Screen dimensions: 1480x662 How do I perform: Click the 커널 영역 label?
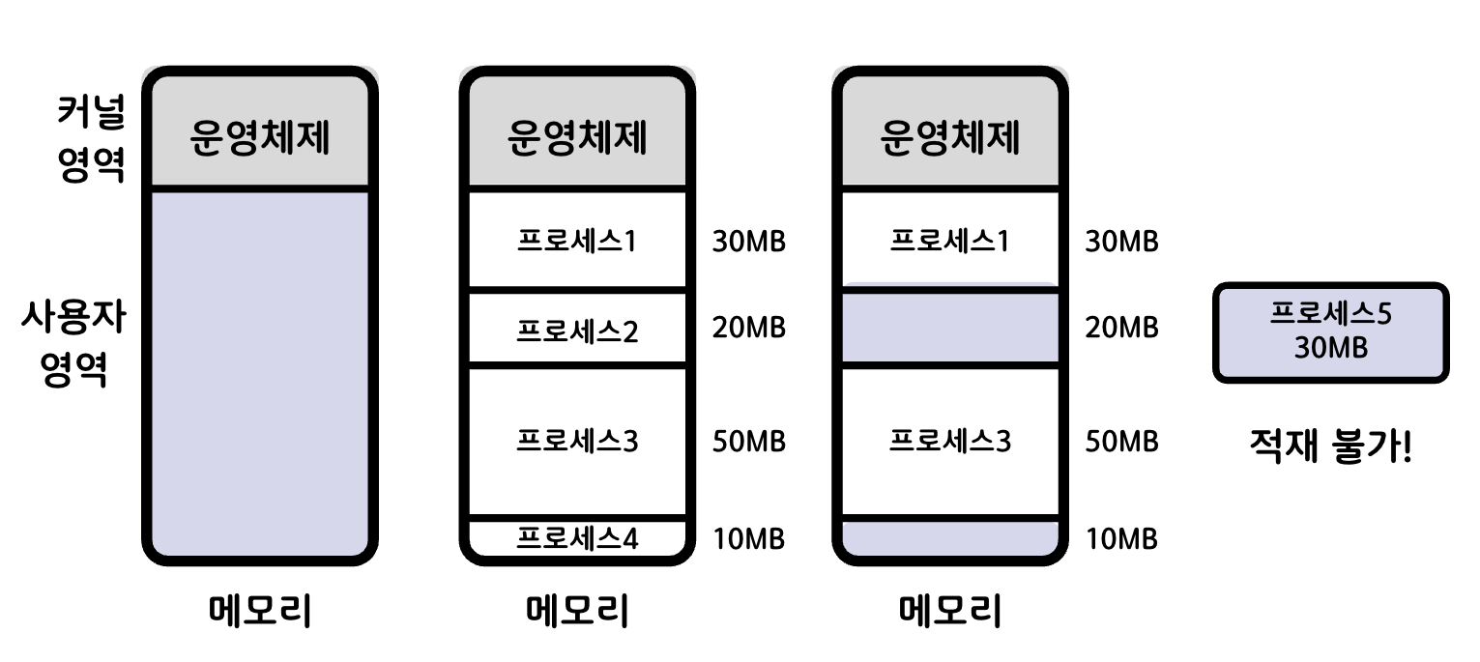[90, 141]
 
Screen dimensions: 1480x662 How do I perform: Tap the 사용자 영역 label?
[73, 344]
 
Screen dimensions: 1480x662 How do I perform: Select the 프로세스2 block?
[577, 331]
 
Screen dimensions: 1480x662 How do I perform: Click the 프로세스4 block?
[577, 537]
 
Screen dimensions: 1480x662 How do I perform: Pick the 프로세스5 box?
[1330, 331]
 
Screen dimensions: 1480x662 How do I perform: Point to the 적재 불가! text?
[1330, 447]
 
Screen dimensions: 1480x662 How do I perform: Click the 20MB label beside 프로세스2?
[748, 329]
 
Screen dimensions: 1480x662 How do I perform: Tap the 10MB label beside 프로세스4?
[748, 538]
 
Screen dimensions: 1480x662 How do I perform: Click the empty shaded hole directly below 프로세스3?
[950, 537]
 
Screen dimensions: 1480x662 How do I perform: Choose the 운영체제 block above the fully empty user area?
[260, 137]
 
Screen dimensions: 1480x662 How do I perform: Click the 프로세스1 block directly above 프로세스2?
[577, 241]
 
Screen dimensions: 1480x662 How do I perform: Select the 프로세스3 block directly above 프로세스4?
[577, 442]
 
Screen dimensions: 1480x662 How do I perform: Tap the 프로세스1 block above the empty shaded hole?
[950, 241]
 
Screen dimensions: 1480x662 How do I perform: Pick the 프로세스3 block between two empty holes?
[950, 442]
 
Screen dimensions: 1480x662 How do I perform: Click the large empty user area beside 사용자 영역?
[260, 372]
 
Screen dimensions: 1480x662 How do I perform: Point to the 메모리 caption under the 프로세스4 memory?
[577, 612]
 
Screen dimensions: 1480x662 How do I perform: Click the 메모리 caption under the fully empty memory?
[260, 612]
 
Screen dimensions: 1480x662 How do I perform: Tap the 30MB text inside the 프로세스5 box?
[1330, 348]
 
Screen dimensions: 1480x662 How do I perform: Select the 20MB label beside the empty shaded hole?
[1121, 329]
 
